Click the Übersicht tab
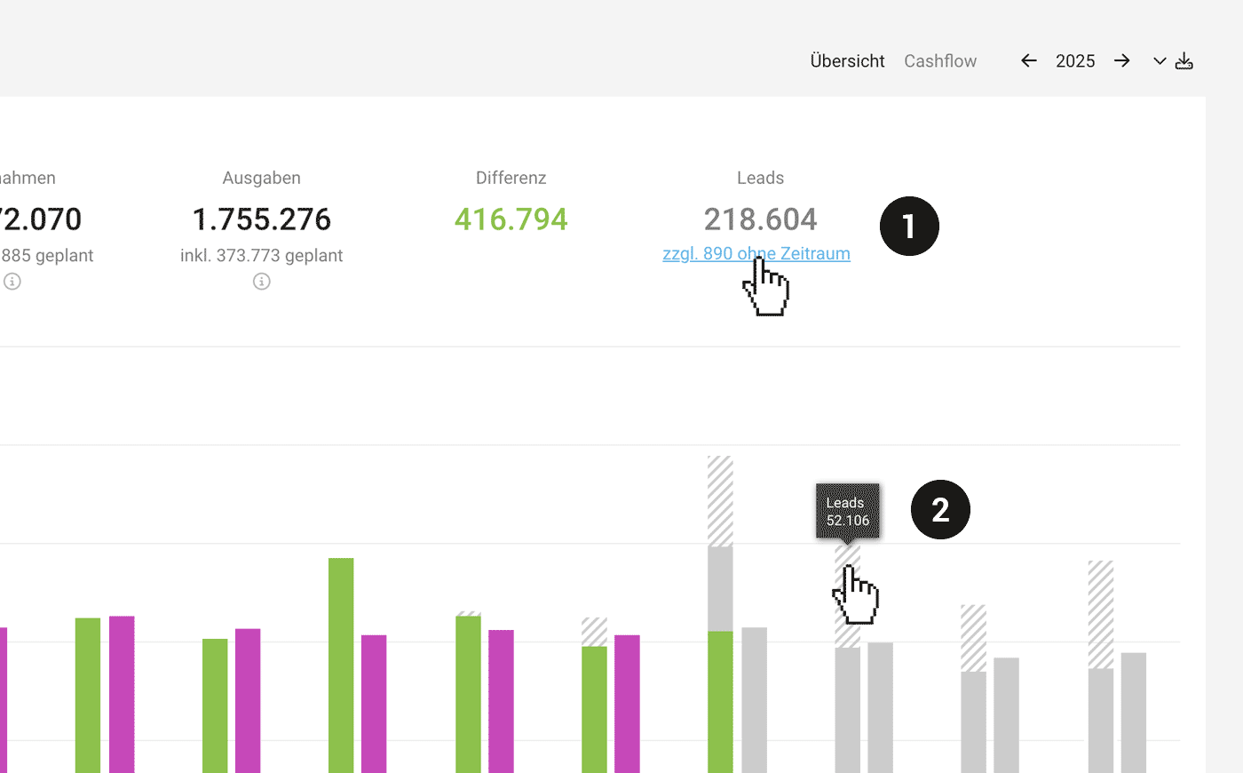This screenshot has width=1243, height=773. tap(847, 61)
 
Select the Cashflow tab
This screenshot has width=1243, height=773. tap(940, 61)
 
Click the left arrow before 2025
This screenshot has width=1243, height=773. tap(1029, 60)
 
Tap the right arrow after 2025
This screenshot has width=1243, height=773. tap(1122, 60)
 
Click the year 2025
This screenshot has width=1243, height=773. tap(1075, 61)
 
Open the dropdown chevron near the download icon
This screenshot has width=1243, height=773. tap(1160, 61)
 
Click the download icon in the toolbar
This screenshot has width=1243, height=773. tap(1184, 61)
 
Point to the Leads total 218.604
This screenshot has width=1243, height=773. tap(760, 219)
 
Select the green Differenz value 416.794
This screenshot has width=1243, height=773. tap(511, 219)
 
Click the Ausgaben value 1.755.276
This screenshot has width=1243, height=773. tap(261, 219)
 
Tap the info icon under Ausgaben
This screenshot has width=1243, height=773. tap(261, 282)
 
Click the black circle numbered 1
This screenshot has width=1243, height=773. tap(909, 227)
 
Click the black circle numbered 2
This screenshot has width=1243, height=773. tap(940, 510)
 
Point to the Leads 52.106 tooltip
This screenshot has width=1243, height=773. tap(848, 511)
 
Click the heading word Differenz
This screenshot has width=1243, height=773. tap(511, 178)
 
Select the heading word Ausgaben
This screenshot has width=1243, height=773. tap(261, 178)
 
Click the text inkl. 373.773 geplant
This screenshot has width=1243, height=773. tap(261, 256)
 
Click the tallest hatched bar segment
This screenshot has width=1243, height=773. tap(720, 501)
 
